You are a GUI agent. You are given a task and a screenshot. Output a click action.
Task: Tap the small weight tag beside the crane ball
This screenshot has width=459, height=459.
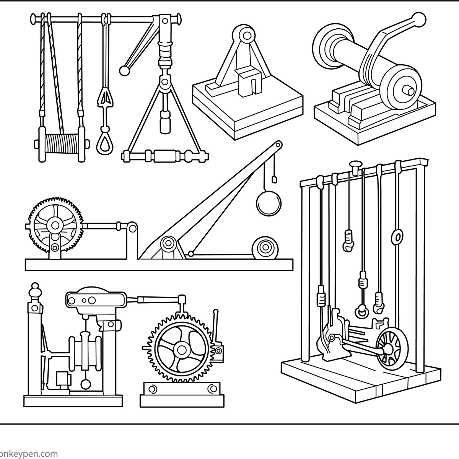[x=274, y=179]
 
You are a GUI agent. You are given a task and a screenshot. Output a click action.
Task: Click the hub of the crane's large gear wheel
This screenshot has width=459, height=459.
[x=55, y=225]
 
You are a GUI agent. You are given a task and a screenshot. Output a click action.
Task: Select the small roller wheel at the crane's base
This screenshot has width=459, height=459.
[x=265, y=248]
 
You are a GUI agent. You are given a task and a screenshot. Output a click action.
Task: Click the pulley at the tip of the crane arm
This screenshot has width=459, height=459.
[x=278, y=145]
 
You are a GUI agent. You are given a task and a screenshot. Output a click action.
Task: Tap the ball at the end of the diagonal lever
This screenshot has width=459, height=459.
[x=124, y=70]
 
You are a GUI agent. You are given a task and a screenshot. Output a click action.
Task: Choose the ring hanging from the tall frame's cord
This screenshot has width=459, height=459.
[x=397, y=236]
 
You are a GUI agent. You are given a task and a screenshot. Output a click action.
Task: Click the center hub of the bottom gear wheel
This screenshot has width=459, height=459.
[x=181, y=349]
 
